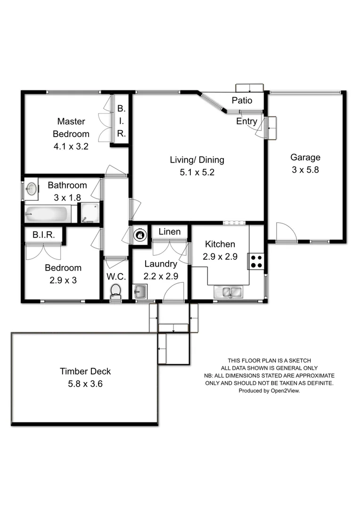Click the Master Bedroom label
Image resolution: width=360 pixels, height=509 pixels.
click(71, 128)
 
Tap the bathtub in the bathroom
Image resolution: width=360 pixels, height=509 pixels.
click(48, 214)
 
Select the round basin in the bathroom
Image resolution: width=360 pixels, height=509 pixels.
click(32, 189)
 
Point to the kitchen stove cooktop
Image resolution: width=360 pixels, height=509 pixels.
click(257, 261)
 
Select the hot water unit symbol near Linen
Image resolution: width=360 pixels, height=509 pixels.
click(139, 234)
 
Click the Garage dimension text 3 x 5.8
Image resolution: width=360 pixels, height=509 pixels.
click(305, 170)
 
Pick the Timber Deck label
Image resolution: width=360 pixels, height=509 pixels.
click(85, 371)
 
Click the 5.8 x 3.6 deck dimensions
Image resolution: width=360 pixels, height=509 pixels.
click(85, 384)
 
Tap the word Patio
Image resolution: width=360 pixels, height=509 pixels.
click(242, 100)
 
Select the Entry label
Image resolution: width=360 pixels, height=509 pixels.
click(246, 122)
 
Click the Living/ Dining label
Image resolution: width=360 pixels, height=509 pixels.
click(197, 160)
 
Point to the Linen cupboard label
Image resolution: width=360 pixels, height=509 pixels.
click(169, 232)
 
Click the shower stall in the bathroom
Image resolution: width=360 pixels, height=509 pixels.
click(89, 213)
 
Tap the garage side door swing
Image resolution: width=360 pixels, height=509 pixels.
click(286, 232)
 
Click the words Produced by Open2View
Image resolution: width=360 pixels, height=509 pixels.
click(269, 391)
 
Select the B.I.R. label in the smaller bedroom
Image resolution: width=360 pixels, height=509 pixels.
click(44, 234)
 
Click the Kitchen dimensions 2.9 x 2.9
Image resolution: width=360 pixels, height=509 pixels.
click(219, 257)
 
